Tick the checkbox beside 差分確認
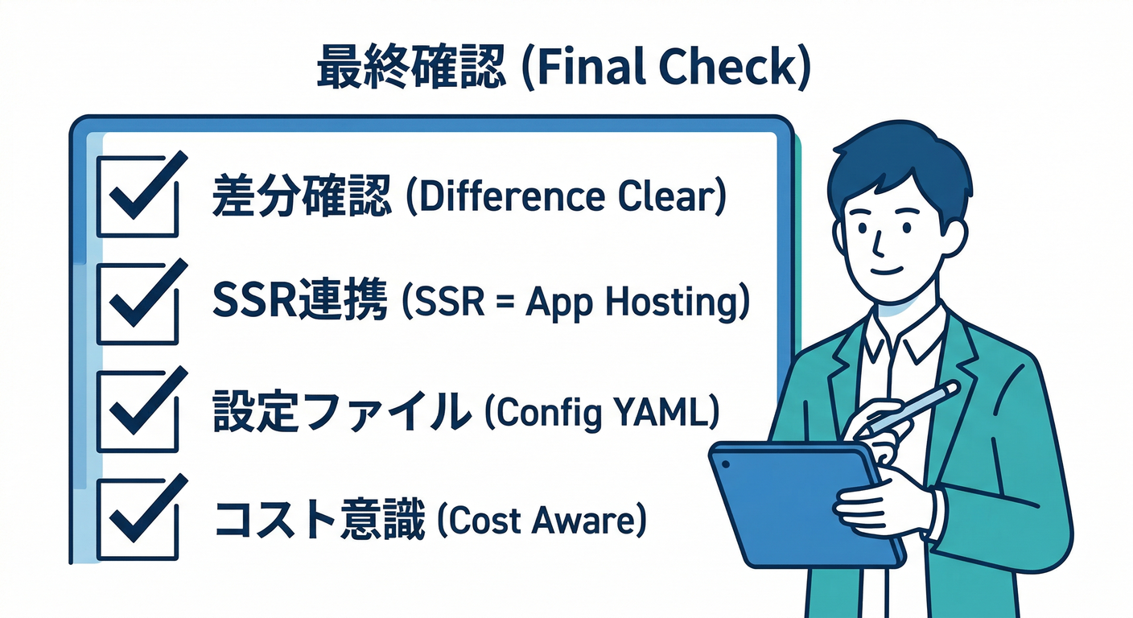click(138, 196)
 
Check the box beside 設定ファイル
click(138, 410)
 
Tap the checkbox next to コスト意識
click(138, 519)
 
